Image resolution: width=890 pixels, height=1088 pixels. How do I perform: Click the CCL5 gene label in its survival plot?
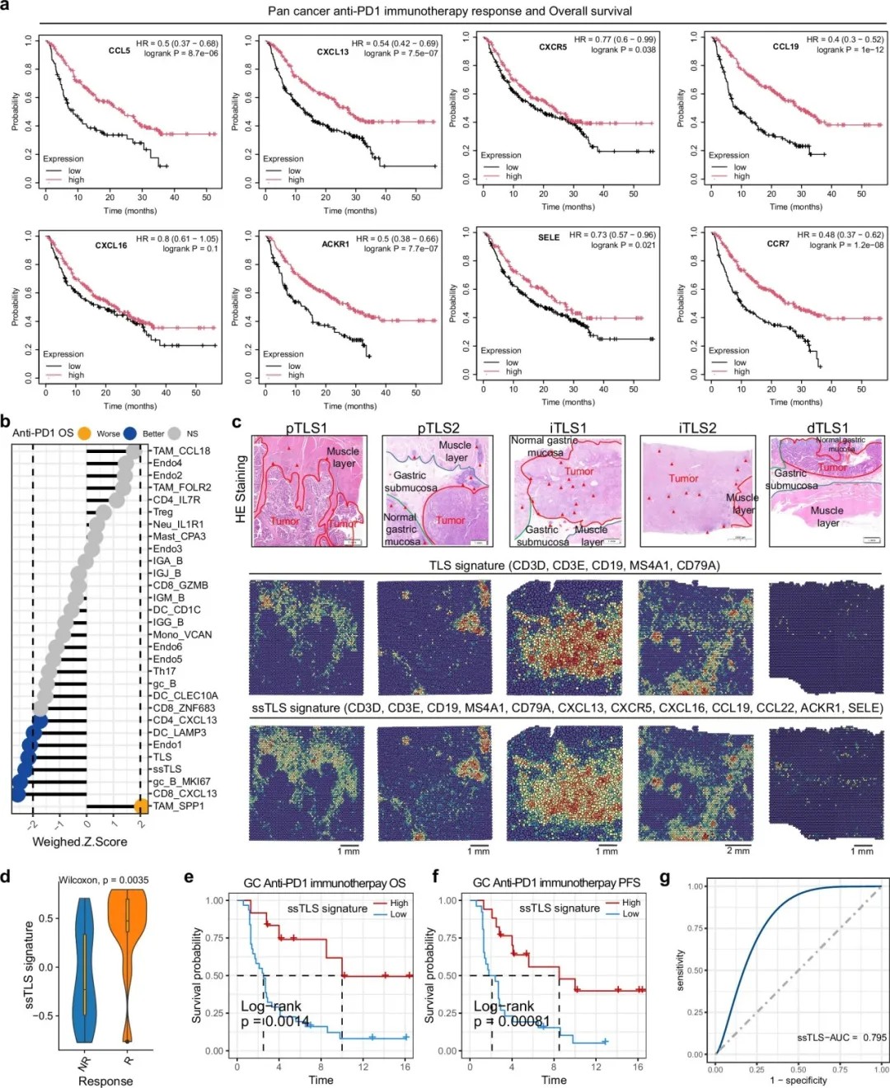[x=119, y=51]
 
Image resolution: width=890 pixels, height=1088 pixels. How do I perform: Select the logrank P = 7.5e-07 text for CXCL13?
[x=400, y=54]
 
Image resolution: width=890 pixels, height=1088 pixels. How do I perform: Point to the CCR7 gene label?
[x=778, y=244]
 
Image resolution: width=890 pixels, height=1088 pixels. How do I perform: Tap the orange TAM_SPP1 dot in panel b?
[x=141, y=805]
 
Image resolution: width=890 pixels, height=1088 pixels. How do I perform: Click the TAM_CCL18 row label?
[x=181, y=451]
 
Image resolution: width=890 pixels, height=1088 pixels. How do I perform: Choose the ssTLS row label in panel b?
[x=166, y=768]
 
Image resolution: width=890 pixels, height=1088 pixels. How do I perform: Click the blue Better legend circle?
[x=130, y=433]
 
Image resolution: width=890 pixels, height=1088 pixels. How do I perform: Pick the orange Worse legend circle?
[x=85, y=433]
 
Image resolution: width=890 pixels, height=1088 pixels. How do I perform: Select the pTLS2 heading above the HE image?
[x=438, y=427]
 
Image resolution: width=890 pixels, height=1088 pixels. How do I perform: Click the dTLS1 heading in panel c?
[x=827, y=427]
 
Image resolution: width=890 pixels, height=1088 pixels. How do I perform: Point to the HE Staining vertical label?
[x=241, y=489]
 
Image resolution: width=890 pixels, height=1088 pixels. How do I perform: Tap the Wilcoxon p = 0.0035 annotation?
[x=104, y=880]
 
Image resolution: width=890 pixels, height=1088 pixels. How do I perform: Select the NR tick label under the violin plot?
[x=84, y=1062]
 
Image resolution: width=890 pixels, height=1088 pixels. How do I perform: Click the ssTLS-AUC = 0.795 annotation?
[x=841, y=1037]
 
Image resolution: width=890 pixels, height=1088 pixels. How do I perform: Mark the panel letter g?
[x=665, y=878]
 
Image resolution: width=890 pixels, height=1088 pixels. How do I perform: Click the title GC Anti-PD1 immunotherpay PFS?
[x=556, y=882]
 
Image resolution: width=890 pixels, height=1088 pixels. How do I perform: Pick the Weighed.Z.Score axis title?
[x=80, y=841]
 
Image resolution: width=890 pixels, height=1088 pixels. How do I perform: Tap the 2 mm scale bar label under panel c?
[x=738, y=850]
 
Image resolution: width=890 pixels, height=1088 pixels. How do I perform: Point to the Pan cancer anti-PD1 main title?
[x=450, y=12]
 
